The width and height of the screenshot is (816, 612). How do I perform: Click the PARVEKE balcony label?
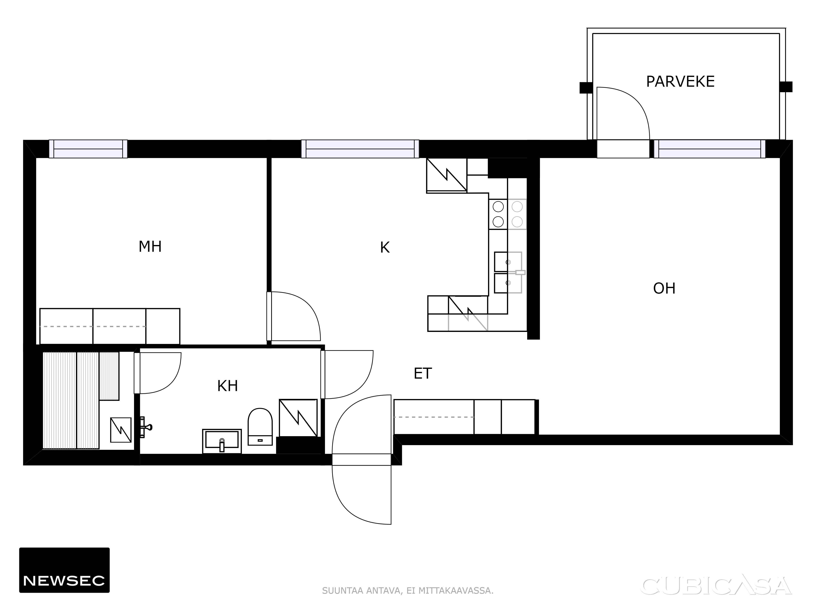click(x=680, y=82)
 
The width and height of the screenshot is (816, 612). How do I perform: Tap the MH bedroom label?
click(x=150, y=246)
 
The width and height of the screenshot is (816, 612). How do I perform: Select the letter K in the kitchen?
click(x=385, y=247)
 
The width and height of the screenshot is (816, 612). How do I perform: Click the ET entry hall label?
click(x=422, y=374)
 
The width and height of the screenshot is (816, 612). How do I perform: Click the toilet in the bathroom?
click(x=260, y=427)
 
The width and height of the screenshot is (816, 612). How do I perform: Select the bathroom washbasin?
click(x=222, y=441)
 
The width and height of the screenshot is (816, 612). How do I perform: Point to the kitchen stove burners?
click(x=508, y=214)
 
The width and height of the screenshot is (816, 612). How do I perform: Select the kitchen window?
click(x=360, y=149)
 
